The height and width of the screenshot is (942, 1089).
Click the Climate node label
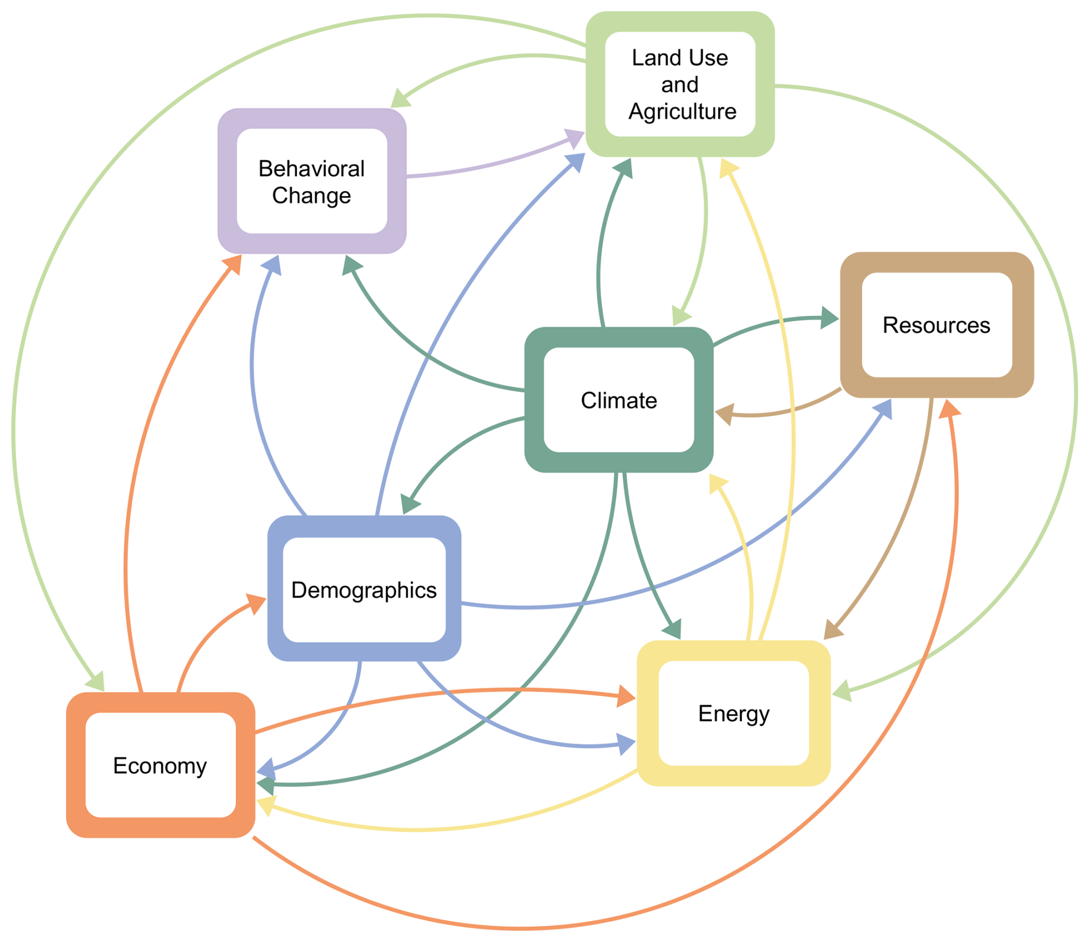click(619, 401)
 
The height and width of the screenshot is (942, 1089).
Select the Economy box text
click(160, 766)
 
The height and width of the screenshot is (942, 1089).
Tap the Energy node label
click(734, 714)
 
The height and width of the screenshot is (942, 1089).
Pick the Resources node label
click(936, 325)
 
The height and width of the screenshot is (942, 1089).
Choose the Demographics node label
click(364, 590)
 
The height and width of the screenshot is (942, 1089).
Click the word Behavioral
click(311, 169)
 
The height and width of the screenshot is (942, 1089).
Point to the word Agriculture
click(682, 111)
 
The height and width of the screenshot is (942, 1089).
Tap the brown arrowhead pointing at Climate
click(724, 414)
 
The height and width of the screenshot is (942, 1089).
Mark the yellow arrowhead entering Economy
click(266, 804)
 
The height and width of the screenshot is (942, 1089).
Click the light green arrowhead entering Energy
click(842, 691)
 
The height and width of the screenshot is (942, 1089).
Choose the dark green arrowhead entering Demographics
click(410, 504)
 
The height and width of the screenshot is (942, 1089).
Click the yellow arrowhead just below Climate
click(718, 483)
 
